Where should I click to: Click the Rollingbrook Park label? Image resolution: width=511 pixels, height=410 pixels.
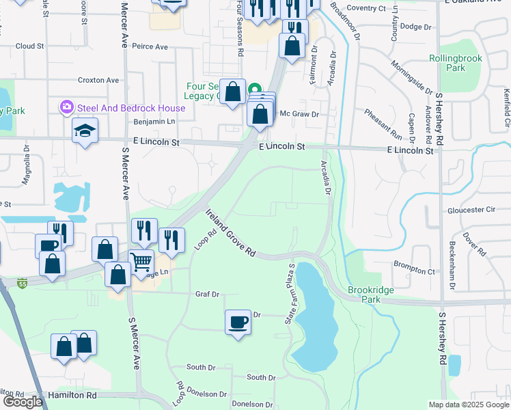456,63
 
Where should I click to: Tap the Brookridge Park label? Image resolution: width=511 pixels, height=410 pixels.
370,295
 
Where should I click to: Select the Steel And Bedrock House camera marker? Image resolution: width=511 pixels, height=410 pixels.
67,107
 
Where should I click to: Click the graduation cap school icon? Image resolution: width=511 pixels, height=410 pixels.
85,130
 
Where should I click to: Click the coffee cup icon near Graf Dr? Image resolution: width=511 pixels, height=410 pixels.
238,322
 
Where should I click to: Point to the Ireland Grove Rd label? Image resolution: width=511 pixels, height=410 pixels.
231,233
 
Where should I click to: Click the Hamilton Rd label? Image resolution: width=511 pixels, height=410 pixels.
72,395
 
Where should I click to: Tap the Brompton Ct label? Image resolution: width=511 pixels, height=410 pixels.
414,271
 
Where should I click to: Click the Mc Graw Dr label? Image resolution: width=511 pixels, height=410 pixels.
300,114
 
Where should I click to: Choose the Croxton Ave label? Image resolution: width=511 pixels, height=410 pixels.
98,80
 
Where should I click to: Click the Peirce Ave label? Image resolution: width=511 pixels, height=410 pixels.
150,46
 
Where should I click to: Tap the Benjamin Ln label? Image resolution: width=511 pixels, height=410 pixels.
154,121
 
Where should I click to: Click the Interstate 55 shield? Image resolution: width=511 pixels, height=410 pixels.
23,282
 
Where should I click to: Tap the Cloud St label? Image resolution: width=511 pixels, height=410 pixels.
29,46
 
